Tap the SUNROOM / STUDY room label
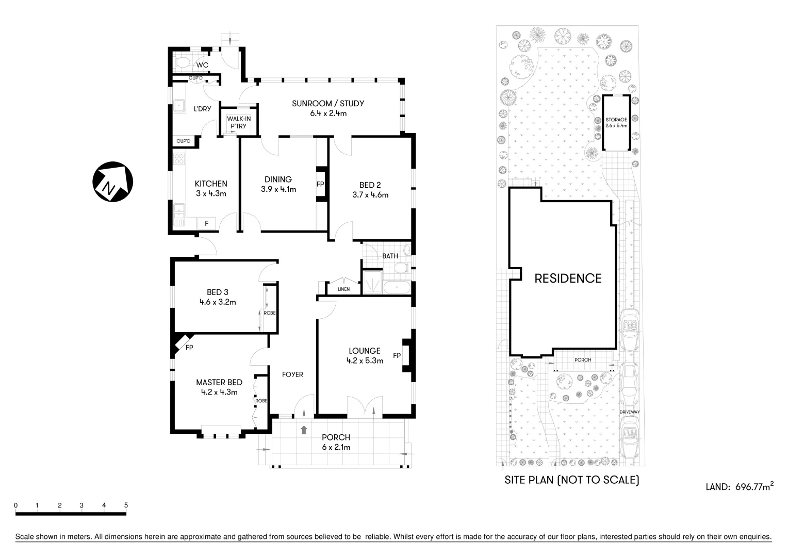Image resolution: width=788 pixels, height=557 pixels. (328, 103)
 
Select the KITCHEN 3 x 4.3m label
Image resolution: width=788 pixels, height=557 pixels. (210, 188)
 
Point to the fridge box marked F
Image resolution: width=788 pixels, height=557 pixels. (207, 223)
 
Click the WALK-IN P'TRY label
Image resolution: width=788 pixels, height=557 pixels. (239, 122)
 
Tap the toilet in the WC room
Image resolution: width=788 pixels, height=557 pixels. (183, 63)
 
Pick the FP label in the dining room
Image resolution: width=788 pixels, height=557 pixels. (320, 184)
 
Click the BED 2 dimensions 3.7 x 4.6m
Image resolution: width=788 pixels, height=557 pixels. (370, 195)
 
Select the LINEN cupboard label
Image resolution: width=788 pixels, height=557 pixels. (343, 289)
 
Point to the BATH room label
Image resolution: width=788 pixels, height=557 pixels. (390, 256)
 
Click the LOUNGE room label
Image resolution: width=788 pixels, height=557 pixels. (365, 351)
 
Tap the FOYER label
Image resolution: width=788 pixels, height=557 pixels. (292, 374)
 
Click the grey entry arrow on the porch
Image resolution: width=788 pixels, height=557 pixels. (304, 430)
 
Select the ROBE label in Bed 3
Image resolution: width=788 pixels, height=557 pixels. (269, 313)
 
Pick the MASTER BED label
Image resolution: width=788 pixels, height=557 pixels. (219, 382)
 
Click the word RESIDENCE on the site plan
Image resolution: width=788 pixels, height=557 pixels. (568, 278)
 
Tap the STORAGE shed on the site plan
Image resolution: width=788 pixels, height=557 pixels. (616, 122)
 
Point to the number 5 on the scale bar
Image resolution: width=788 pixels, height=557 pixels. (126, 505)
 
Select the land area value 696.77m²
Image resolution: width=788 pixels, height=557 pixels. (753, 486)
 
